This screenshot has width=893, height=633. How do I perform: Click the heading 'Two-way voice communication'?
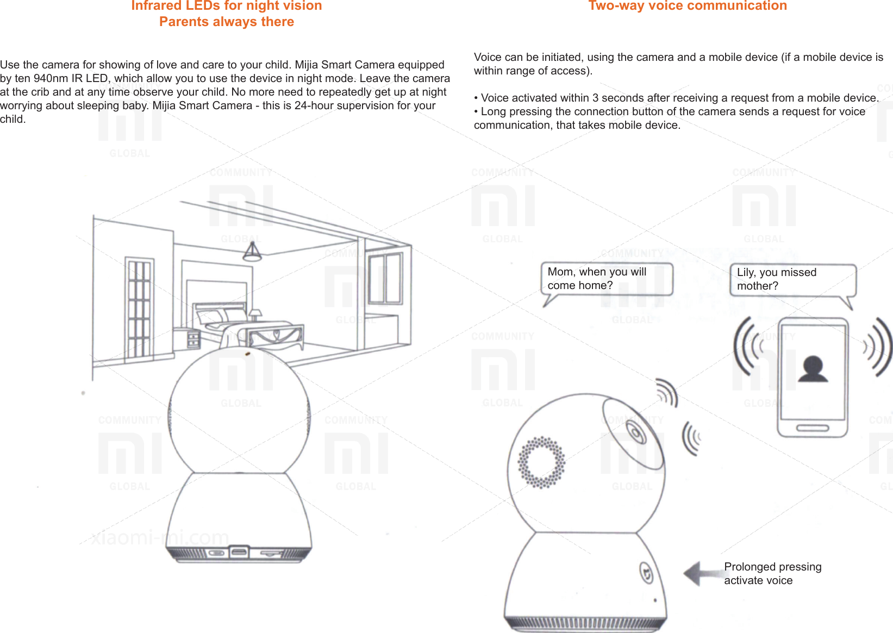pos(687,6)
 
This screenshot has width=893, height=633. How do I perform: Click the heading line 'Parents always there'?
pos(227,22)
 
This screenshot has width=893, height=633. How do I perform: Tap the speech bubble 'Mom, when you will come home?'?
pos(606,279)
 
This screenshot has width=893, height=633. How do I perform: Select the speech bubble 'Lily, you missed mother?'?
pos(792,280)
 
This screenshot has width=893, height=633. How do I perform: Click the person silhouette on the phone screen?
pos(813,370)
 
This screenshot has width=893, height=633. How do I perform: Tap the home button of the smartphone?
pos(813,429)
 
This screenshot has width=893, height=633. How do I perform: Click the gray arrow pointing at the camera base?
pos(701,574)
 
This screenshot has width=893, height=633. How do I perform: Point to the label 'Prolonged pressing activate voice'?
pos(772,574)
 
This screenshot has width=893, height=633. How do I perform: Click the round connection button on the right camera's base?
pos(646,573)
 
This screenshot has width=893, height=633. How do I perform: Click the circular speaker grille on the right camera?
pos(541,462)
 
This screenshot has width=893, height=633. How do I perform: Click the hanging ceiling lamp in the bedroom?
pos(252,252)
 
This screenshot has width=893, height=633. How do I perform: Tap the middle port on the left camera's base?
pos(239,553)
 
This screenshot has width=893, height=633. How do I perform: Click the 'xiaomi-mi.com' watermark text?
pos(160,537)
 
